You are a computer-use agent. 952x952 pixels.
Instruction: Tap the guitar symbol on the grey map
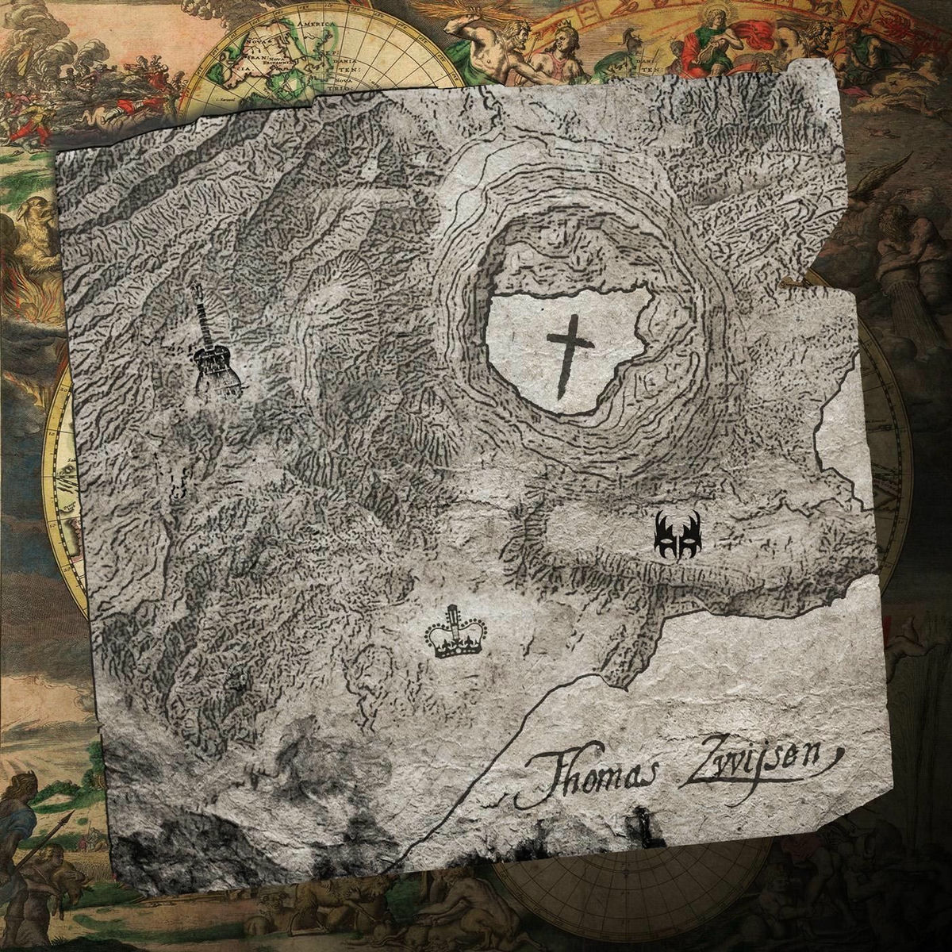tap(212, 349)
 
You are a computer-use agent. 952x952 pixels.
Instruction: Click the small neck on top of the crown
tap(454, 612)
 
